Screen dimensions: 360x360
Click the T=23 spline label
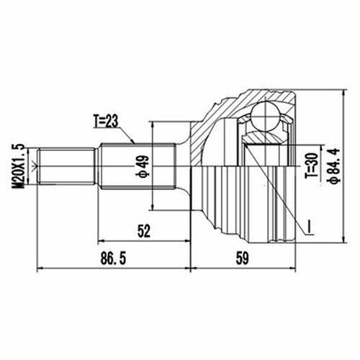pyautogui.click(x=106, y=121)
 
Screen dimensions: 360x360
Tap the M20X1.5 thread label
pyautogui.click(x=19, y=166)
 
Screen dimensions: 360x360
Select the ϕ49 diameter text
pyautogui.click(x=143, y=166)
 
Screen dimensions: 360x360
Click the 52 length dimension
pyautogui.click(x=143, y=231)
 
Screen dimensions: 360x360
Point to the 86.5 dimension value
pyautogui.click(x=113, y=258)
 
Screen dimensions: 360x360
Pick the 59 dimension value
pyautogui.click(x=242, y=258)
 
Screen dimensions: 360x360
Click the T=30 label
pyautogui.click(x=312, y=166)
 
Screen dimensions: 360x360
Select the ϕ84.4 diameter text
pyautogui.click(x=335, y=166)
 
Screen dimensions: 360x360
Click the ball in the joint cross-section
pyautogui.click(x=265, y=117)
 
